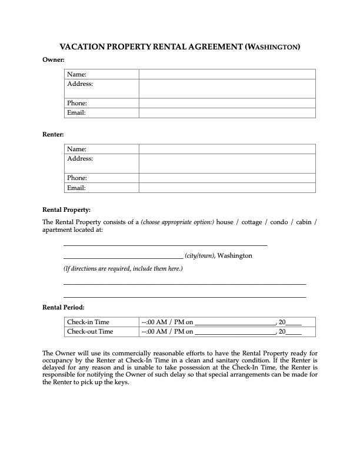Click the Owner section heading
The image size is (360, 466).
(54, 60)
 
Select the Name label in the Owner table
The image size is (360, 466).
(76, 74)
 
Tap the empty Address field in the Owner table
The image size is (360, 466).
(227, 88)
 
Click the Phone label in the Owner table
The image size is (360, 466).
(77, 103)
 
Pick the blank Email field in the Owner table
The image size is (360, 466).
(227, 112)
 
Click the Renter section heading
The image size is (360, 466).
(54, 135)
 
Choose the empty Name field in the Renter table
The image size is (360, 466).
(227, 149)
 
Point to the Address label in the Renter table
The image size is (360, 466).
(80, 159)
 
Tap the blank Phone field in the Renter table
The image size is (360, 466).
(227, 178)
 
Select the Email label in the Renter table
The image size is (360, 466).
(76, 188)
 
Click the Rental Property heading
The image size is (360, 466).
(67, 209)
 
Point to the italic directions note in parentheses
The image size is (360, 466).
(123, 269)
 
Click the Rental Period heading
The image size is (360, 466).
(64, 307)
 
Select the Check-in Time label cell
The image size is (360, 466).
(88, 322)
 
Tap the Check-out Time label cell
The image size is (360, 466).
(90, 331)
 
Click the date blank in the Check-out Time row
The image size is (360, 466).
(235, 332)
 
